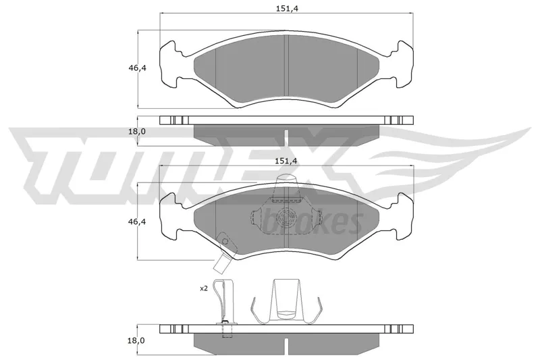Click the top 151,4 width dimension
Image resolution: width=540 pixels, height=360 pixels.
[x=286, y=8]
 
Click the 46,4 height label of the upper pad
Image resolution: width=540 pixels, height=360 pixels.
[x=138, y=68]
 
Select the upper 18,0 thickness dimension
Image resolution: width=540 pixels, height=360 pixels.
[x=138, y=131]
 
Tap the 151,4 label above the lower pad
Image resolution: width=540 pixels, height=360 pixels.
[x=286, y=161]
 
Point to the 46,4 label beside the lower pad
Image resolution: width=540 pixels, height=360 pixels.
[x=137, y=222]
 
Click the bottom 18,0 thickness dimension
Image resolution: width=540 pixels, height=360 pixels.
[x=136, y=340]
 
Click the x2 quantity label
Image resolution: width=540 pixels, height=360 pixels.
[x=204, y=288]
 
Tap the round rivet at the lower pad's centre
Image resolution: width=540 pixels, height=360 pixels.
[x=286, y=217]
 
